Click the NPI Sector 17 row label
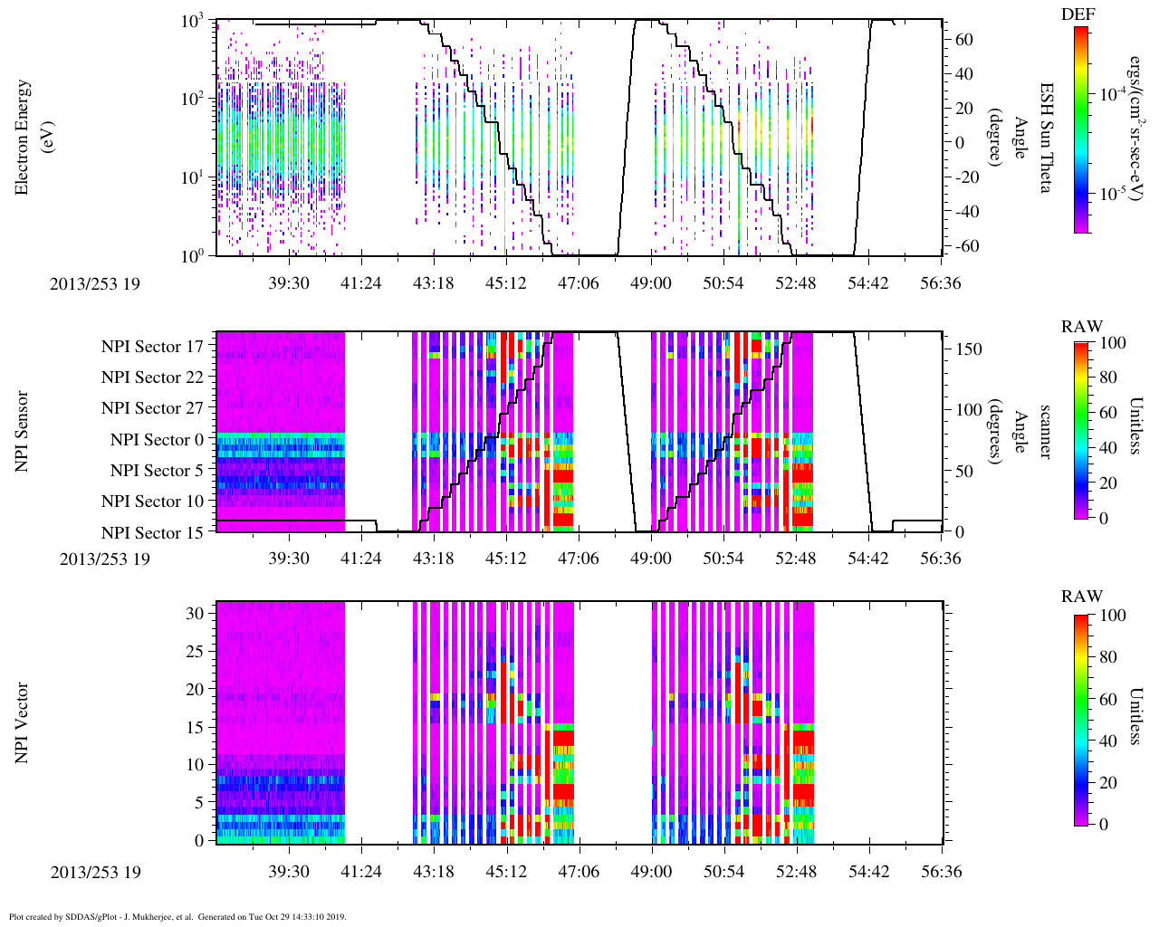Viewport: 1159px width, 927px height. tap(152, 347)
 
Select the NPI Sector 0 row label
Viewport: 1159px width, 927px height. tap(157, 440)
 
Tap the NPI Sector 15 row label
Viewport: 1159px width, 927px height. tap(152, 533)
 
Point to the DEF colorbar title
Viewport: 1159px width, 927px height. tap(1078, 14)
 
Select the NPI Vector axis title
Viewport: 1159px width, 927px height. tap(23, 722)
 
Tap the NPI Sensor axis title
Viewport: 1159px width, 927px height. tap(23, 431)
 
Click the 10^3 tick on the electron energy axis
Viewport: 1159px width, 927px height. tap(192, 21)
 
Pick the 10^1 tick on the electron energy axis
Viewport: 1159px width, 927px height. tap(192, 177)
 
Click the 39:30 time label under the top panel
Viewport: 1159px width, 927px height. tap(289, 283)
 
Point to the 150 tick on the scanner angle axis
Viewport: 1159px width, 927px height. tap(969, 349)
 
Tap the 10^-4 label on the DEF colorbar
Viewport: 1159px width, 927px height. tap(1109, 93)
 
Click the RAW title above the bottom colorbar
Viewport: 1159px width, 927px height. tap(1082, 597)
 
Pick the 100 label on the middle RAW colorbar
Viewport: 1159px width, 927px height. tap(1113, 343)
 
